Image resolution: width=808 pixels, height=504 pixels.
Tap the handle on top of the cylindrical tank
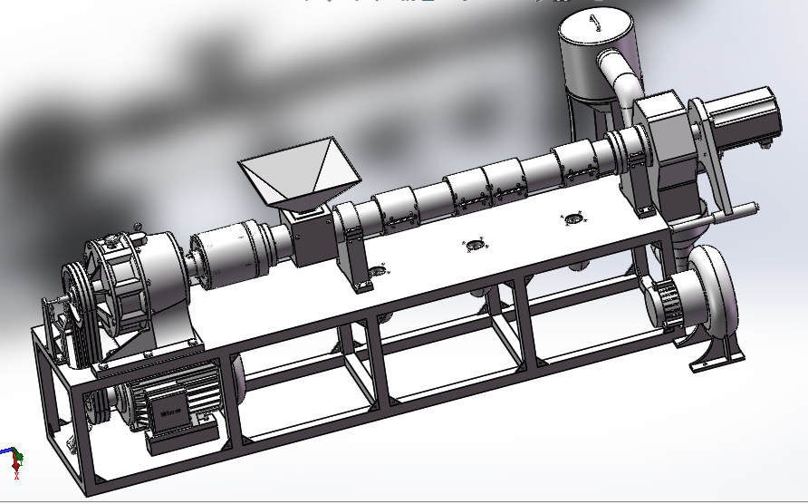coord(595,23)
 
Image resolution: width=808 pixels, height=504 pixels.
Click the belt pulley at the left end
coord(73,313)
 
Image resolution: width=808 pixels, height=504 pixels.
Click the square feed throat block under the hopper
coord(308,235)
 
